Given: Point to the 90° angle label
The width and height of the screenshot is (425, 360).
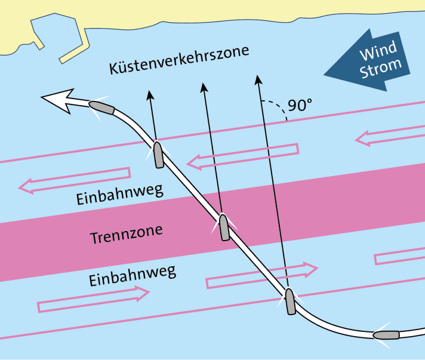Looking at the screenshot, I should [x=300, y=105].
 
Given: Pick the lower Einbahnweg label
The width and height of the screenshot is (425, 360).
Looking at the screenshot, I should [x=132, y=276].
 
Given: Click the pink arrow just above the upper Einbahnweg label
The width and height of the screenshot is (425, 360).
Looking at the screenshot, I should [x=75, y=180].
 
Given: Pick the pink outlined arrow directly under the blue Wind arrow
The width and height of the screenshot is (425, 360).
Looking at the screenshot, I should [x=388, y=136].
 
